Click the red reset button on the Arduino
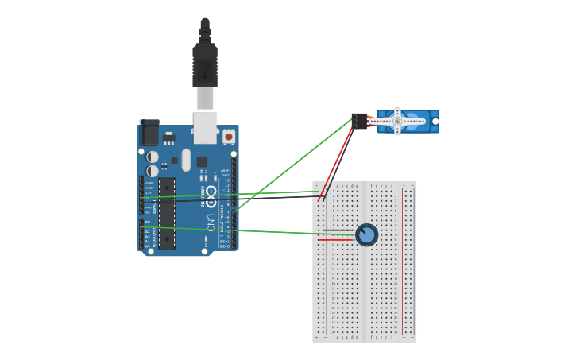tap(229, 137)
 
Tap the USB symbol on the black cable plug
tap(205, 71)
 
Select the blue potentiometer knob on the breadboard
tap(367, 235)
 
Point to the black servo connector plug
tap(360, 121)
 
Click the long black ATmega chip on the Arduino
tap(167, 213)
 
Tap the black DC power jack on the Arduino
tap(149, 133)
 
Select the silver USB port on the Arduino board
tap(205, 126)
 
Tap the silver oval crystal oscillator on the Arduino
tap(186, 160)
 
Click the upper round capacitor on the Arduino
tap(153, 157)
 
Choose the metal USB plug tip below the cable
tap(205, 98)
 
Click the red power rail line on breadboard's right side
tap(403, 262)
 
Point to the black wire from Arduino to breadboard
tap(238, 199)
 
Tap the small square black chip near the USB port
tap(202, 161)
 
